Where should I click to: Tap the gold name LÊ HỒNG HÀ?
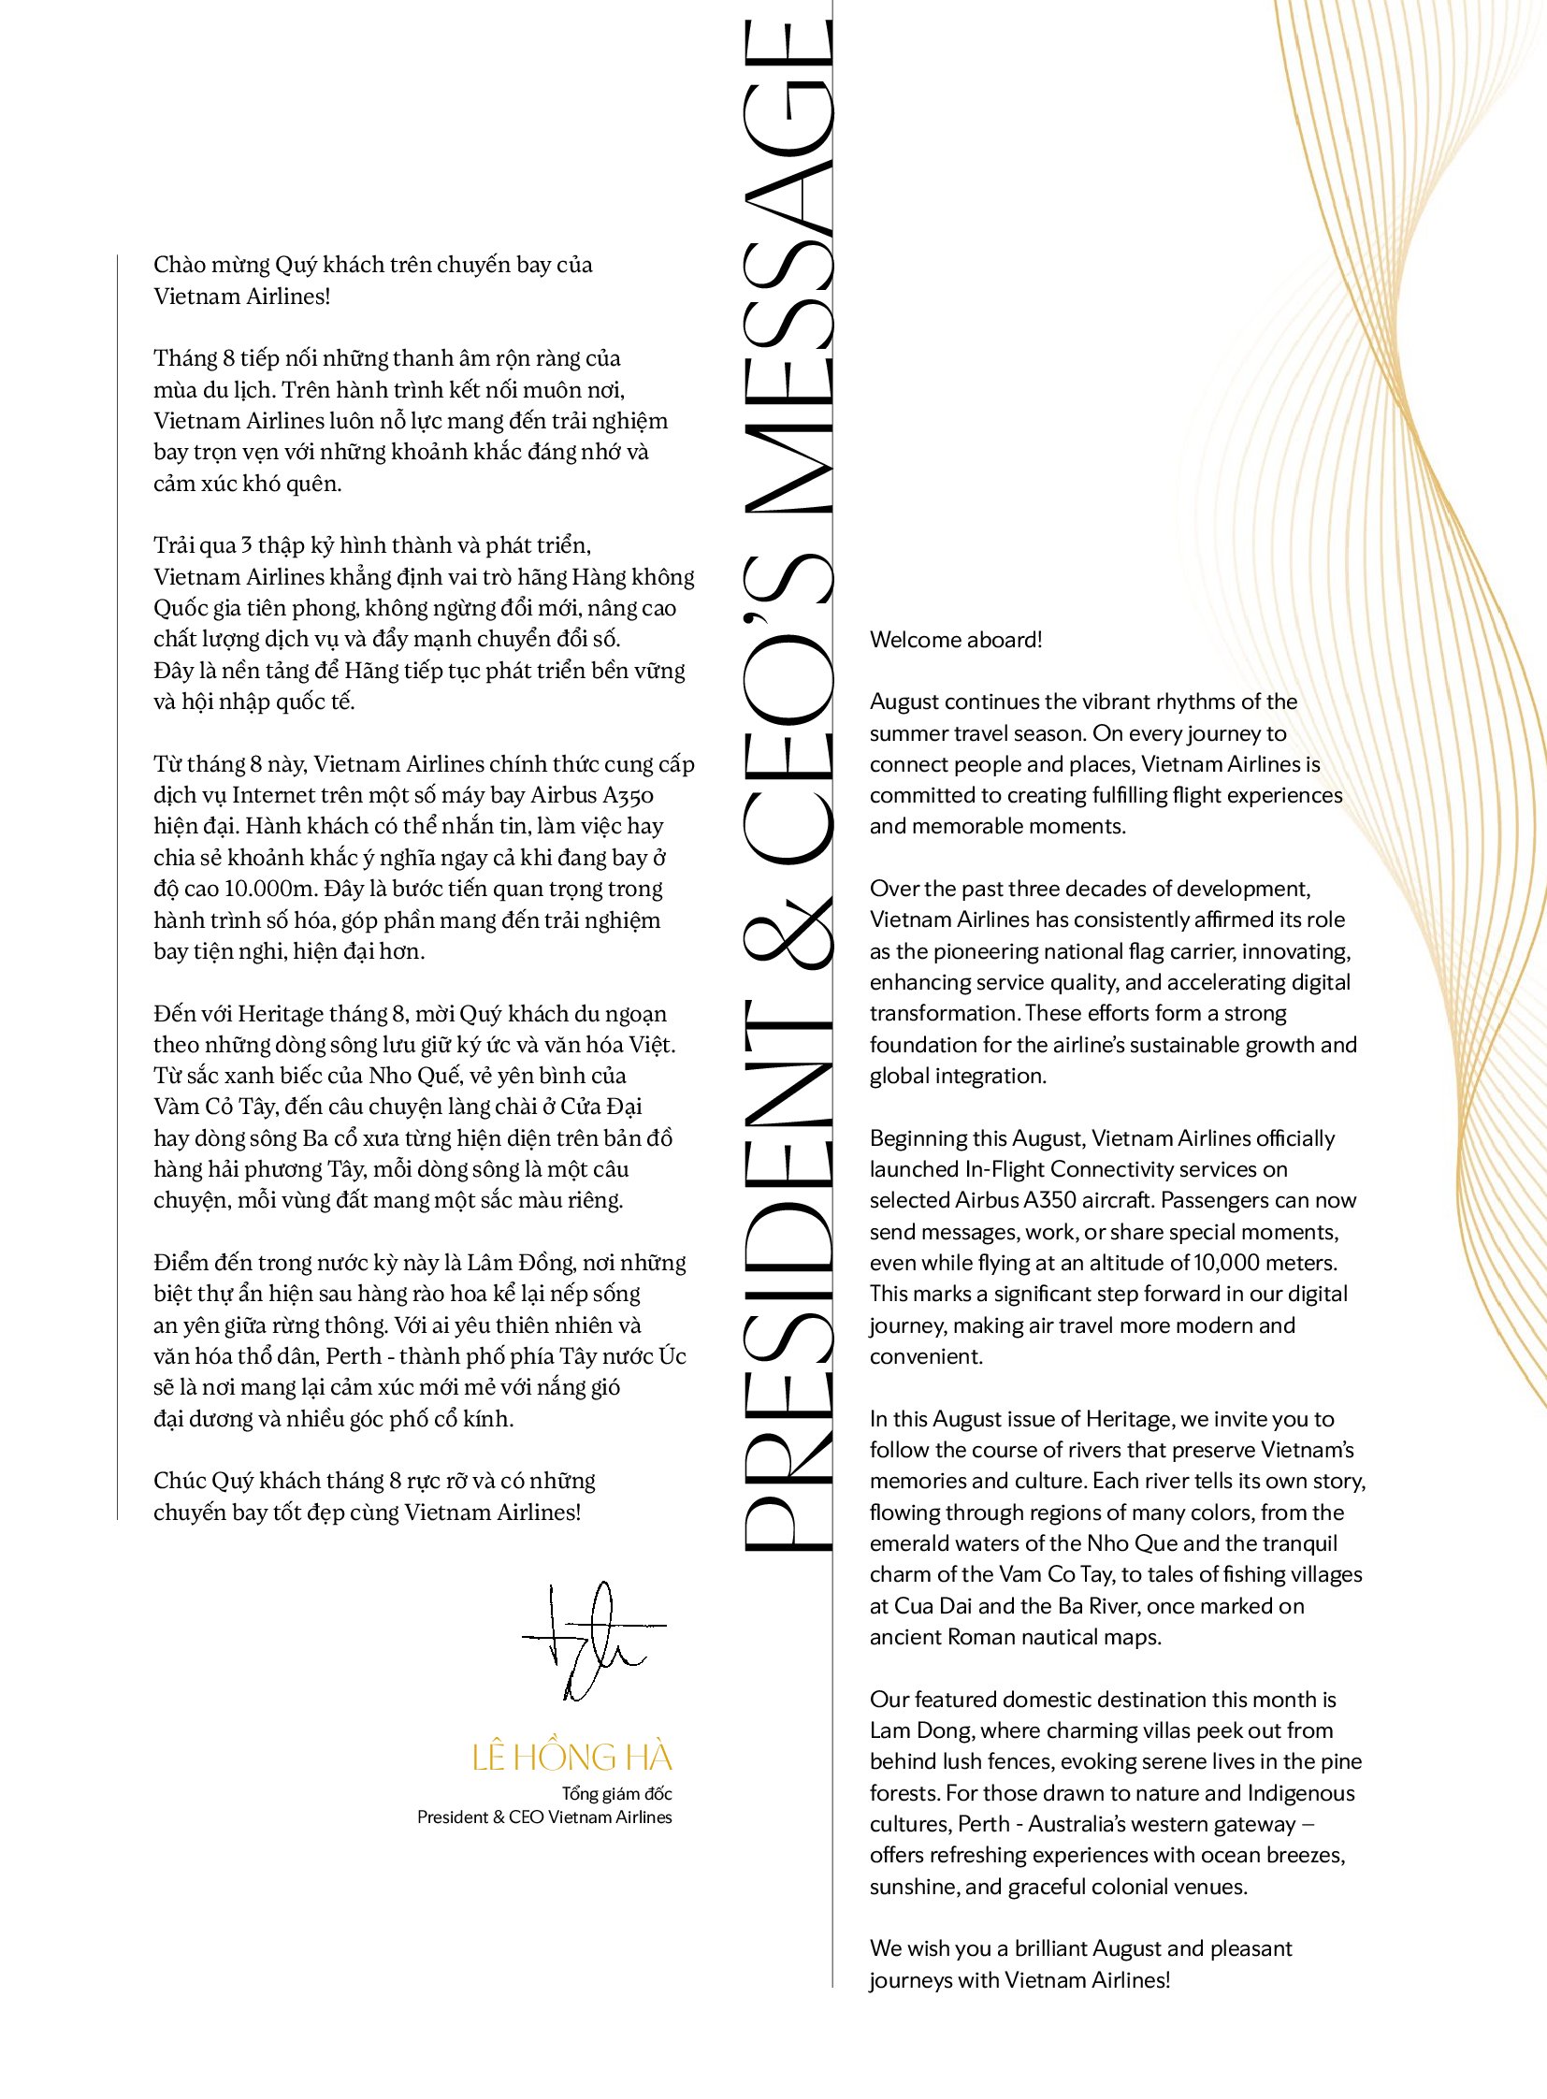572,1758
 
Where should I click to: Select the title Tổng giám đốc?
616,1794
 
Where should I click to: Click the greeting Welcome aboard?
955,640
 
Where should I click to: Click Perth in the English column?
984,1824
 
